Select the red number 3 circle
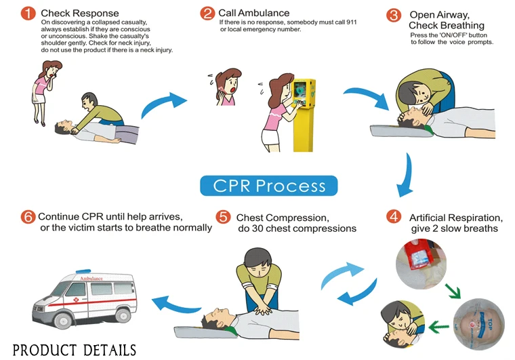(x=393, y=16)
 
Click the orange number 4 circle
(x=393, y=217)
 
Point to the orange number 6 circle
(x=28, y=217)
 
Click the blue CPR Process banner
(x=269, y=185)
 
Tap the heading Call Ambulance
(x=254, y=13)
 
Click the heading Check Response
(x=79, y=13)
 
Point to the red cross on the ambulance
(x=77, y=298)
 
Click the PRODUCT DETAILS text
(x=74, y=350)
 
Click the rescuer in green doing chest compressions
(x=261, y=278)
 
